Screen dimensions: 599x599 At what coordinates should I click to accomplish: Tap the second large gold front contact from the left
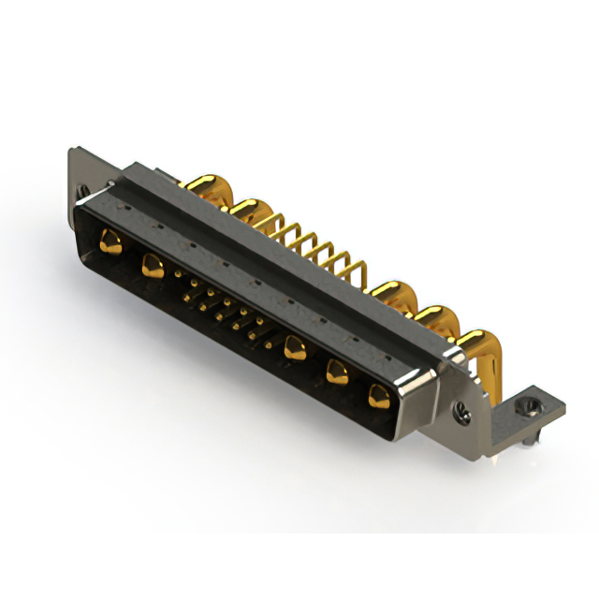pos(152,268)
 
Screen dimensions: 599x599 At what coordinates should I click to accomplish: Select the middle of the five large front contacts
pos(295,348)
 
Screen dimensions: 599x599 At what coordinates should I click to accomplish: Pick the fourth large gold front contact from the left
pos(337,373)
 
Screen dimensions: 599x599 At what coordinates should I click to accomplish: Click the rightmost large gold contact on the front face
pos(379,395)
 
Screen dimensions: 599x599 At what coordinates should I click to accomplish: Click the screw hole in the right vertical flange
pos(459,409)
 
